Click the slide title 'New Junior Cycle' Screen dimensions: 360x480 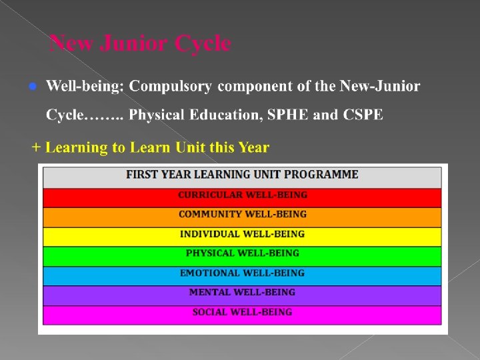141,44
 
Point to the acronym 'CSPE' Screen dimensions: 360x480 363,115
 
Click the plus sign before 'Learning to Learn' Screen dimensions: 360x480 37,147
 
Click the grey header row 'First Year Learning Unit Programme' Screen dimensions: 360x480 242,175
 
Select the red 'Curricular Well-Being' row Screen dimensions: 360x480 242,195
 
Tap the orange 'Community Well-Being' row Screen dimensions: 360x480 242,215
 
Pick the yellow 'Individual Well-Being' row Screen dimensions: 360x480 242,234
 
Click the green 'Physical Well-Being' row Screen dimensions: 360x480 242,253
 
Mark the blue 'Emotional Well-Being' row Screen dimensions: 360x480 242,273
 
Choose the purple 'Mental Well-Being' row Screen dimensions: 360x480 242,292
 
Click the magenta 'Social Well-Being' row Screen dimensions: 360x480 242,312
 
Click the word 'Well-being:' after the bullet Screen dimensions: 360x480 85,86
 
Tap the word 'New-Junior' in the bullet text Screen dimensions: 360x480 380,86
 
